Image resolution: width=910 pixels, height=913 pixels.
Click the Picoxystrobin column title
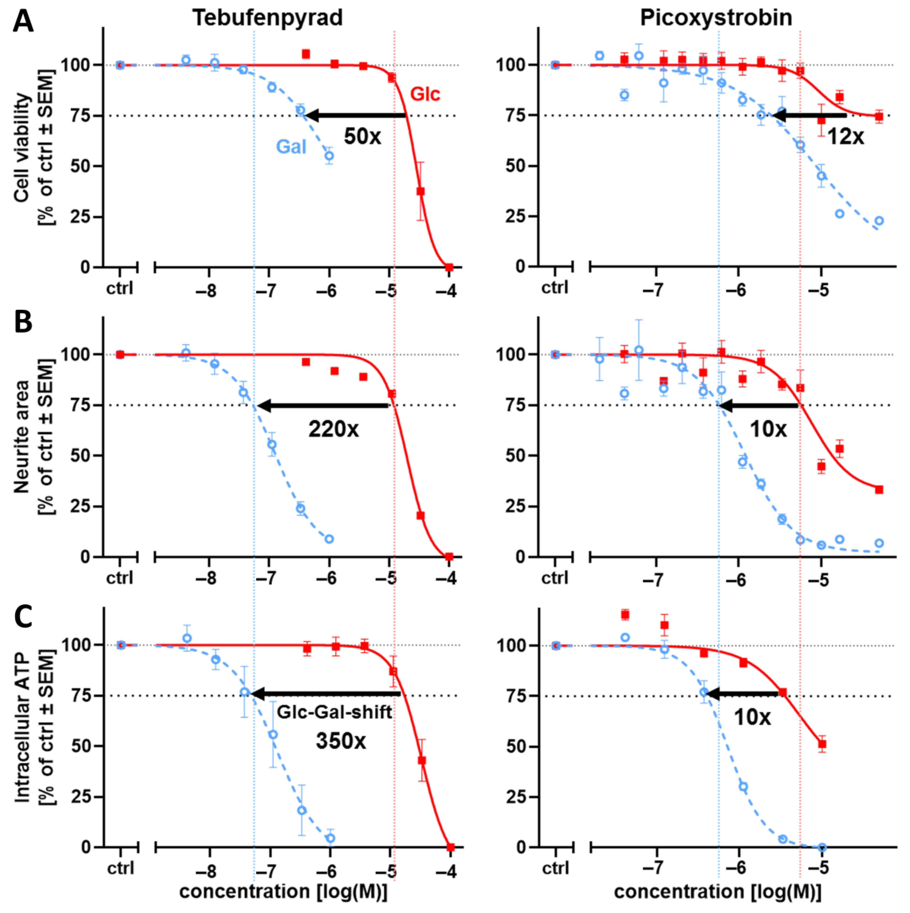click(x=716, y=18)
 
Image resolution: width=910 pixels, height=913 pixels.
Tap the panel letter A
click(x=23, y=21)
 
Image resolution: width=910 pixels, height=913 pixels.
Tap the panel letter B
click(x=23, y=321)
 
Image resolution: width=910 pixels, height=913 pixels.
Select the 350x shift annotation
click(x=341, y=740)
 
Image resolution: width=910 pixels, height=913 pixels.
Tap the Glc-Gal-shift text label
click(x=335, y=712)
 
